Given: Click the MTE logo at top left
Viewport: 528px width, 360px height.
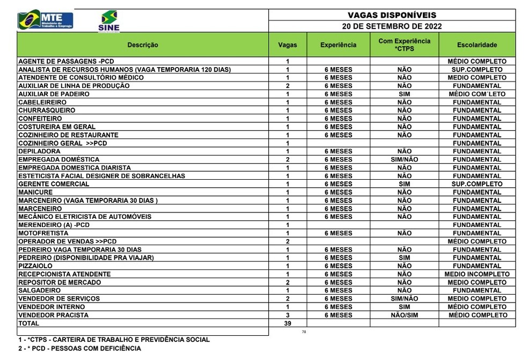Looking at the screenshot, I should pyautogui.click(x=46, y=21).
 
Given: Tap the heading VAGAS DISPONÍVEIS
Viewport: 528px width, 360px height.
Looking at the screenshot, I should pyautogui.click(x=392, y=16).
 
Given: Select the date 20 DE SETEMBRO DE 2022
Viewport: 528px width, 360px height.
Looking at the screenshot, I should pyautogui.click(x=392, y=26).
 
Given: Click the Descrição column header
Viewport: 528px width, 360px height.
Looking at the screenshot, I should pyautogui.click(x=143, y=45).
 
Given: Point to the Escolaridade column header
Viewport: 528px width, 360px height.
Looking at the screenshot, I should pyautogui.click(x=476, y=45).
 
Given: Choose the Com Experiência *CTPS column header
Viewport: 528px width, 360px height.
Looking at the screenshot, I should pyautogui.click(x=404, y=45).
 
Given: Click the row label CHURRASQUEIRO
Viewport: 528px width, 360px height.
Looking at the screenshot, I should pyautogui.click(x=47, y=111).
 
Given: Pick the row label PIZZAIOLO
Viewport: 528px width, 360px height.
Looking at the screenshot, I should pyautogui.click(x=35, y=266).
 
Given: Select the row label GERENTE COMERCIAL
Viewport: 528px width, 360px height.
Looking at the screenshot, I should pyautogui.click(x=54, y=184).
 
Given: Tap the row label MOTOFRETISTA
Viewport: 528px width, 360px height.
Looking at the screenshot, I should pyautogui.click(x=43, y=233).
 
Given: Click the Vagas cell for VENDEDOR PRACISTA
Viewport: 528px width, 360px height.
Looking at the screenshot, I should pyautogui.click(x=288, y=315).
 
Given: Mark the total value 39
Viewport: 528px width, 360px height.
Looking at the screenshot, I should pyautogui.click(x=288, y=324).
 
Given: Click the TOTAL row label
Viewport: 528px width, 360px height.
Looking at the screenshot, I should pyautogui.click(x=29, y=324).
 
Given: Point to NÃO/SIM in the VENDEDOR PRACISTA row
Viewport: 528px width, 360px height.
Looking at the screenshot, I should pyautogui.click(x=404, y=315).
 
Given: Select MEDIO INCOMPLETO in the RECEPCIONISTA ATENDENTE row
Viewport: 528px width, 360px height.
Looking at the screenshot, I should pyautogui.click(x=476, y=274).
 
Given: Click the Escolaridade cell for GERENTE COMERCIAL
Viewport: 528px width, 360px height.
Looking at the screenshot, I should pyautogui.click(x=476, y=184).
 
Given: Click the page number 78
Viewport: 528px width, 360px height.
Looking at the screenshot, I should pyautogui.click(x=304, y=332).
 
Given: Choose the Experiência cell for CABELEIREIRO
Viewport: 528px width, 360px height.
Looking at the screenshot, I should pyautogui.click(x=338, y=102).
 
